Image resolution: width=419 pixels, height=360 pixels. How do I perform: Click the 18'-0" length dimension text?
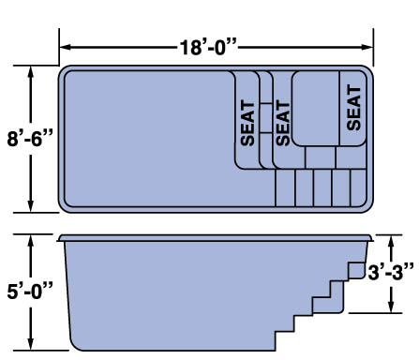pyautogui.click(x=208, y=47)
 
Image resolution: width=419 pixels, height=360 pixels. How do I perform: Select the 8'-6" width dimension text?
pyautogui.click(x=30, y=139)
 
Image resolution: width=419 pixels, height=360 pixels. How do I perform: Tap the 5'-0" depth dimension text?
pyautogui.click(x=30, y=291)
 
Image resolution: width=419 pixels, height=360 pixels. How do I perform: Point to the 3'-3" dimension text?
pyautogui.click(x=391, y=272)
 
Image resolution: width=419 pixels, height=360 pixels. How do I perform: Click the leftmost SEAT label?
pyautogui.click(x=248, y=123)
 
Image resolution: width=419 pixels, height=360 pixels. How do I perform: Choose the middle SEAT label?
pyautogui.click(x=283, y=123)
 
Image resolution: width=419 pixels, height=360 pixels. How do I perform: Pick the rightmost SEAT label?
pyautogui.click(x=353, y=108)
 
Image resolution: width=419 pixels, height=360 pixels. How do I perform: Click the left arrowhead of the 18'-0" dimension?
pyautogui.click(x=65, y=47)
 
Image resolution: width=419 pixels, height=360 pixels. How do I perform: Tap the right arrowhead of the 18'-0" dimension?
pyautogui.click(x=367, y=47)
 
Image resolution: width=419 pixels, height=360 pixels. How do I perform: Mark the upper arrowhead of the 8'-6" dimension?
pyautogui.click(x=30, y=71)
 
